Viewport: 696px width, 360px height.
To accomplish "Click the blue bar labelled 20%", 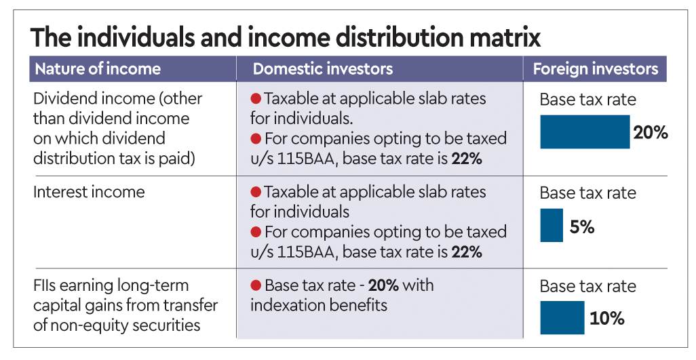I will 585,132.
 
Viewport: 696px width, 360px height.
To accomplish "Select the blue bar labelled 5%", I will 552,226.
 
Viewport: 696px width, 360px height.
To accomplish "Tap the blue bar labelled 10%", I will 562,318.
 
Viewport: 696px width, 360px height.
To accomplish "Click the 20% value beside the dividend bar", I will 651,133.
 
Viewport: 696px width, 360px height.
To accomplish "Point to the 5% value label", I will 582,227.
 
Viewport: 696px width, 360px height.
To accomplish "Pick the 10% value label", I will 607,319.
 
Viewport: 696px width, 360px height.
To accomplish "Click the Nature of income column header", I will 98,69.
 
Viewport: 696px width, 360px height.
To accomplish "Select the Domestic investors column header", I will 322,69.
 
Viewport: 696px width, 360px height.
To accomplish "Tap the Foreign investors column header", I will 595,69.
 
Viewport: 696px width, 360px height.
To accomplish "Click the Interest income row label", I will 89,192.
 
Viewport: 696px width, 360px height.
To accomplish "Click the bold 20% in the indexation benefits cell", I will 383,285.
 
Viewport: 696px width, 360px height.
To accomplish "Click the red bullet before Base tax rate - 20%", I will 256,285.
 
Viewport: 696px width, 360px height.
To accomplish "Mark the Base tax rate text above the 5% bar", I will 587,193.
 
